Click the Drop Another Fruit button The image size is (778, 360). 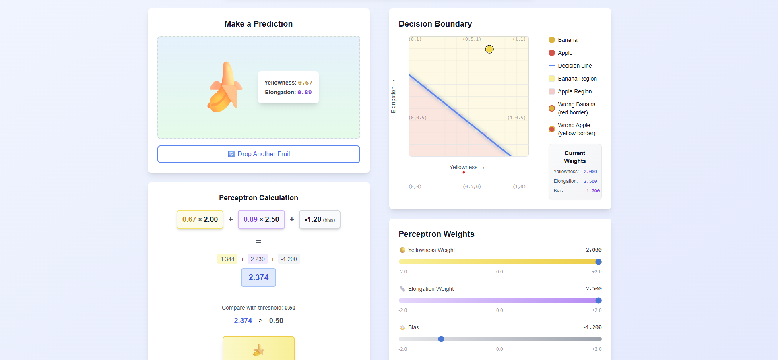[x=258, y=154]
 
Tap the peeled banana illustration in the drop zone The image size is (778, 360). [x=225, y=87]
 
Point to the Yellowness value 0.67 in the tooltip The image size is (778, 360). [x=305, y=83]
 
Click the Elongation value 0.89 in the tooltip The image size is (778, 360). [x=305, y=92]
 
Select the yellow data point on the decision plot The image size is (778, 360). [x=489, y=49]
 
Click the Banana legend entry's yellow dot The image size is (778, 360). [x=552, y=40]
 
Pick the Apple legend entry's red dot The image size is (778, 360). [x=552, y=53]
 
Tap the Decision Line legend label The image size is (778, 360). [x=575, y=66]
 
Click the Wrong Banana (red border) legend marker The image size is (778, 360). [x=552, y=108]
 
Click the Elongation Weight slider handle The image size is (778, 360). [x=598, y=300]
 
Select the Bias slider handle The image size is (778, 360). [x=441, y=339]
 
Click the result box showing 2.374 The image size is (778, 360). [x=258, y=277]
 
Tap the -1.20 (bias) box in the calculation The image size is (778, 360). [x=320, y=219]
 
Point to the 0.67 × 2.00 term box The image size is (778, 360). [x=200, y=219]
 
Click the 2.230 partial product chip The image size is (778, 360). [x=258, y=259]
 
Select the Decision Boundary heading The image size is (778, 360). [x=435, y=24]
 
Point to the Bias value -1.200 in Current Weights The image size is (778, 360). [x=592, y=191]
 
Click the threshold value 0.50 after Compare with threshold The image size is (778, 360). [x=290, y=308]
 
